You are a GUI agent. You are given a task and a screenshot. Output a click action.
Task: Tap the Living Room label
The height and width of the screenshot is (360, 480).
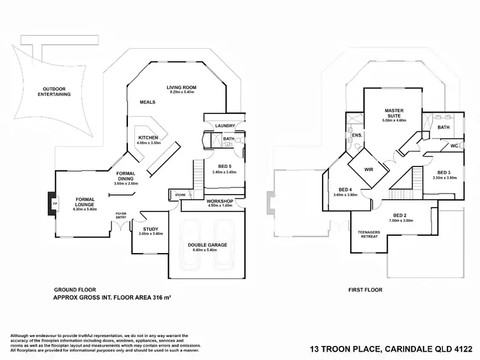pos(181,87)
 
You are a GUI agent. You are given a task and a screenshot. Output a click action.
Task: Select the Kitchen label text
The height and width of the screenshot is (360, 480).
pos(148,138)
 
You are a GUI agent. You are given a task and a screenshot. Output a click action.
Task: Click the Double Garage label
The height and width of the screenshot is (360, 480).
pos(205,245)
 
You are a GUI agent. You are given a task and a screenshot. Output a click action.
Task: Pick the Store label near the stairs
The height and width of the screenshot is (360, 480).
pos(180,195)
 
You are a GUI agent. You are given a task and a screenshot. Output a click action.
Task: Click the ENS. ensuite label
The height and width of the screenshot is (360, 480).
pos(357,135)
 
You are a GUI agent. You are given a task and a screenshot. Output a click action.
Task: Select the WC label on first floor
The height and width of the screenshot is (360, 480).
pos(454,146)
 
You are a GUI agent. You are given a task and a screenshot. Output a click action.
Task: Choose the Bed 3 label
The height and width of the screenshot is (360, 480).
pos(444,173)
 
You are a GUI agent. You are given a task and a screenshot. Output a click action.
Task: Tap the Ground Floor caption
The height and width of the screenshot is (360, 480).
pos(75,290)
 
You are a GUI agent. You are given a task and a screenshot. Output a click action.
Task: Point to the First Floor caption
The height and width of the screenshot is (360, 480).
pos(365,290)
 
